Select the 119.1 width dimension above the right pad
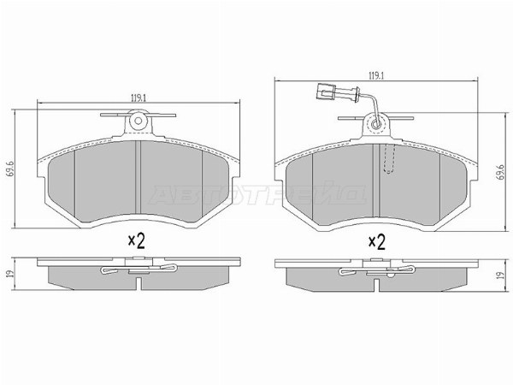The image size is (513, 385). (x=372, y=76)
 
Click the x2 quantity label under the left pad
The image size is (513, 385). (x=137, y=241)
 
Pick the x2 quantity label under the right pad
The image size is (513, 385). (x=376, y=241)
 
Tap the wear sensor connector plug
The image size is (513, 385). (x=327, y=88)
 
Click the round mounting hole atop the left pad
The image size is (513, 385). (x=138, y=125)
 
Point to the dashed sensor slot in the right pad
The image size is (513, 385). (x=390, y=159)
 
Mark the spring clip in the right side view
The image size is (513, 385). (x=376, y=273)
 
